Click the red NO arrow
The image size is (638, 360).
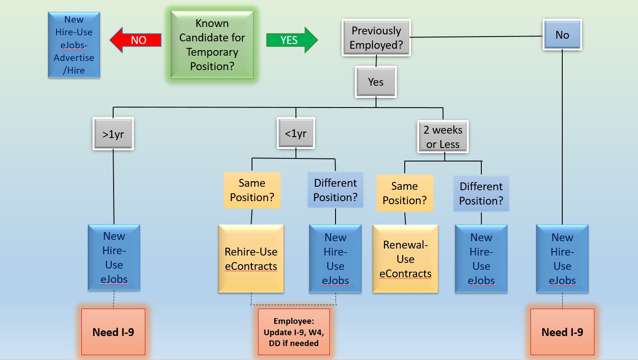(135, 40)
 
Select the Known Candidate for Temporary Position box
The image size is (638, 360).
(212, 45)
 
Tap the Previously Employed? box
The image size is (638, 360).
(376, 38)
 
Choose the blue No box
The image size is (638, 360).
(562, 35)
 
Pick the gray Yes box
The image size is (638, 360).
(376, 82)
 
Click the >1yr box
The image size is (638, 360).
(113, 134)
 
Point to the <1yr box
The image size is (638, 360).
(295, 134)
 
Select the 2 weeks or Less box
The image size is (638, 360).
(443, 137)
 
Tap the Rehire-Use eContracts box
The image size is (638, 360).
(251, 259)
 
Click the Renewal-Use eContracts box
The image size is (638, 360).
(405, 259)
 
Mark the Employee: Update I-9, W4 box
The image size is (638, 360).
(294, 332)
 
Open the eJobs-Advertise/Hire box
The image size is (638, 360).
(74, 45)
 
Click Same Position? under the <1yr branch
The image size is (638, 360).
(252, 190)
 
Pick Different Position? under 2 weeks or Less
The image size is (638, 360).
(481, 193)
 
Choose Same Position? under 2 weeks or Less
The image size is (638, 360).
(405, 193)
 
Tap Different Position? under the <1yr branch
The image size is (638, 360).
(335, 190)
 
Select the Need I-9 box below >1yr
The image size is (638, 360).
(113, 332)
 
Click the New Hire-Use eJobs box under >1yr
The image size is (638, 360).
(114, 257)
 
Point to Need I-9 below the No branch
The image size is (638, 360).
(562, 332)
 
